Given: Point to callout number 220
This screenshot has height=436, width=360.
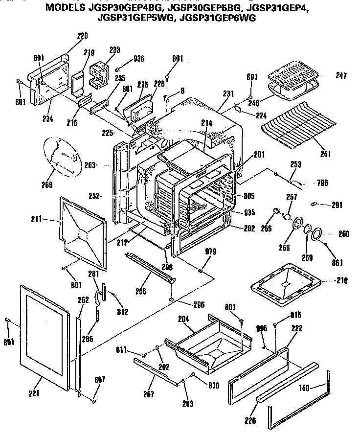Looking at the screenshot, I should pyautogui.click(x=82, y=36).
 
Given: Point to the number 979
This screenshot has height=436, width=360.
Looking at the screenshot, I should pyautogui.click(x=210, y=252).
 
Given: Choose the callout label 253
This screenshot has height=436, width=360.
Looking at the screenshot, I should pyautogui.click(x=295, y=164).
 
